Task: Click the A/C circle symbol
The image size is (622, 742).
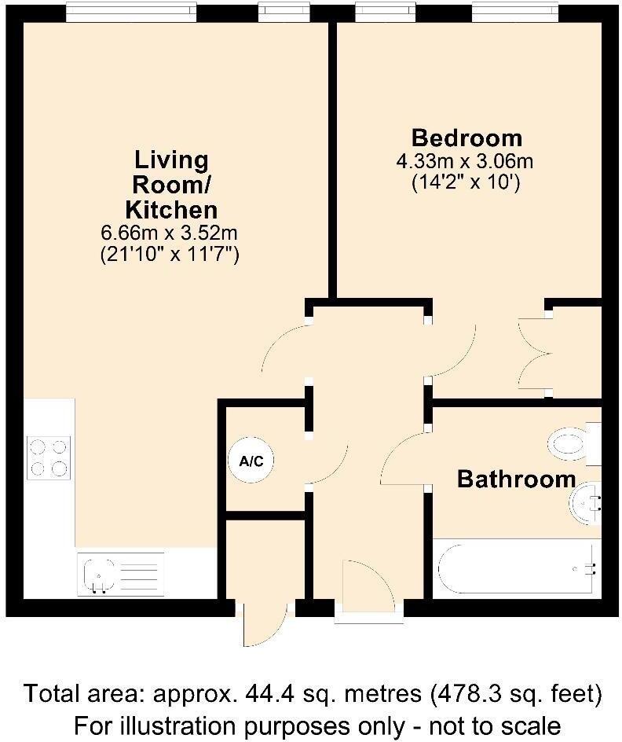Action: (x=251, y=462)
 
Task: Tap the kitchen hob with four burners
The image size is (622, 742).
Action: (x=48, y=457)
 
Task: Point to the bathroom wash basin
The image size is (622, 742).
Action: (x=585, y=501)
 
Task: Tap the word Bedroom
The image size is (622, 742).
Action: (x=466, y=138)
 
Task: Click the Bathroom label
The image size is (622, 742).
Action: (x=516, y=479)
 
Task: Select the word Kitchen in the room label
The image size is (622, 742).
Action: (x=171, y=210)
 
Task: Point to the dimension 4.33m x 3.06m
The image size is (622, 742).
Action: (x=466, y=162)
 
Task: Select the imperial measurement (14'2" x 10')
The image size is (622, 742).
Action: (x=466, y=183)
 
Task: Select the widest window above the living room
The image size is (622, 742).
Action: (x=130, y=12)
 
